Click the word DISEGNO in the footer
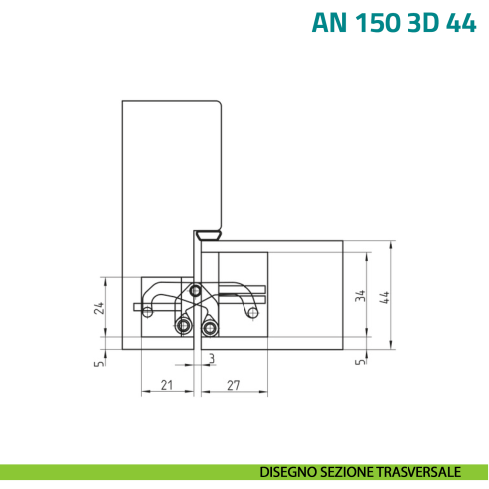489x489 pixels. (290, 471)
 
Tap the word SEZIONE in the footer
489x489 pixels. (349, 471)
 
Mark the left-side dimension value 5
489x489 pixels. (99, 362)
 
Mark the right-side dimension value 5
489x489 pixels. (360, 362)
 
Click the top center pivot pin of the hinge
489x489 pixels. (196, 291)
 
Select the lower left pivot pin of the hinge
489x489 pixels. (183, 327)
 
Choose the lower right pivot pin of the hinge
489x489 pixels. (209, 327)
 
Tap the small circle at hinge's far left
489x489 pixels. (148, 312)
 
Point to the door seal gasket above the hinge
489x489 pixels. (207, 234)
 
